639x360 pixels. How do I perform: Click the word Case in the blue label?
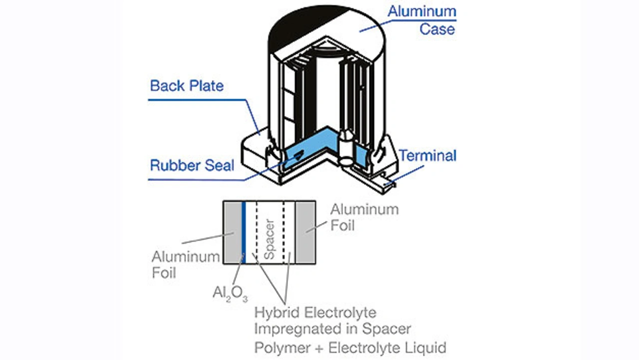click(x=437, y=29)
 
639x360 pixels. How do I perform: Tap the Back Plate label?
click(x=187, y=85)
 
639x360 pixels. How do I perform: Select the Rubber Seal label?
click(x=192, y=165)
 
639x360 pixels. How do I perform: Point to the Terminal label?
click(x=427, y=156)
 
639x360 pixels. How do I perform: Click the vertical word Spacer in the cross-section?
click(x=270, y=239)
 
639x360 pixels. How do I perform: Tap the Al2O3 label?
click(x=230, y=294)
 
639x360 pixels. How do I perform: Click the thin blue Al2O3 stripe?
click(x=244, y=233)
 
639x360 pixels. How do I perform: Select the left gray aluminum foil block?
click(x=233, y=233)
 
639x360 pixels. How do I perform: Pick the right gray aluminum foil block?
click(x=305, y=233)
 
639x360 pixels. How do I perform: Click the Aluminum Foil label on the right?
click(x=364, y=217)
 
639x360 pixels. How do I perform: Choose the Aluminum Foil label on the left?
click(x=185, y=265)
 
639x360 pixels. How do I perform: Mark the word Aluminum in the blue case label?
click(x=422, y=11)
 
